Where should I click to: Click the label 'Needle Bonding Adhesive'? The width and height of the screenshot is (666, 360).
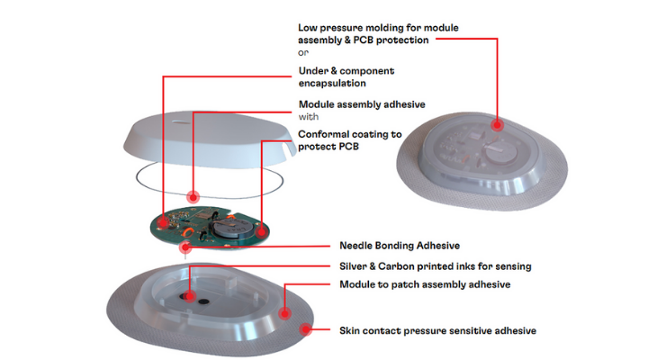pyautogui.click(x=400, y=246)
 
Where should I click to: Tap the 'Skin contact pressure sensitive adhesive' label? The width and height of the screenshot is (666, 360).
pyautogui.click(x=437, y=330)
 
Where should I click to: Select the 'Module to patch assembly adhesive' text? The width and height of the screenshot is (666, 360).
pyautogui.click(x=425, y=284)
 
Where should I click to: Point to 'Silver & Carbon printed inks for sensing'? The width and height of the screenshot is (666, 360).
pyautogui.click(x=436, y=266)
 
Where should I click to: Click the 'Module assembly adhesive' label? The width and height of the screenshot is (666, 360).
pyautogui.click(x=362, y=104)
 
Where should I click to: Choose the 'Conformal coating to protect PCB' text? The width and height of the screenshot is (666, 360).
pyautogui.click(x=349, y=140)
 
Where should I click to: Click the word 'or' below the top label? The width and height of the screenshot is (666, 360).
pyautogui.click(x=303, y=52)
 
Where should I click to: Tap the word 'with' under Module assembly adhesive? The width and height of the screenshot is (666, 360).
pyautogui.click(x=309, y=117)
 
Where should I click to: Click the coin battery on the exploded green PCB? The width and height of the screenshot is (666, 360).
pyautogui.click(x=234, y=228)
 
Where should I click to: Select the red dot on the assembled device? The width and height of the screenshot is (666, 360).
pyautogui.click(x=497, y=125)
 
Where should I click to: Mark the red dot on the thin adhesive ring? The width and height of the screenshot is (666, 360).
pyautogui.click(x=193, y=197)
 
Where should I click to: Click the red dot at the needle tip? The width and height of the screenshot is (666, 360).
pyautogui.click(x=185, y=247)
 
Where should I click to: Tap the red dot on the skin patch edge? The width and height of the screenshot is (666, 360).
pyautogui.click(x=305, y=329)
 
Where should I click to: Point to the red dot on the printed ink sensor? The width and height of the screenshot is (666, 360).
pyautogui.click(x=189, y=296)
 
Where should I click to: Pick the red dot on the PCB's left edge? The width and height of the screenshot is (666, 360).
pyautogui.click(x=163, y=222)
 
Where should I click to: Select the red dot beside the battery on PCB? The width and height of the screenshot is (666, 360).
pyautogui.click(x=262, y=232)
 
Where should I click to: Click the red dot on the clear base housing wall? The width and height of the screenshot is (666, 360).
pyautogui.click(x=284, y=314)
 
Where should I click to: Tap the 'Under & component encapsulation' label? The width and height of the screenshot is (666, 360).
pyautogui.click(x=346, y=76)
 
